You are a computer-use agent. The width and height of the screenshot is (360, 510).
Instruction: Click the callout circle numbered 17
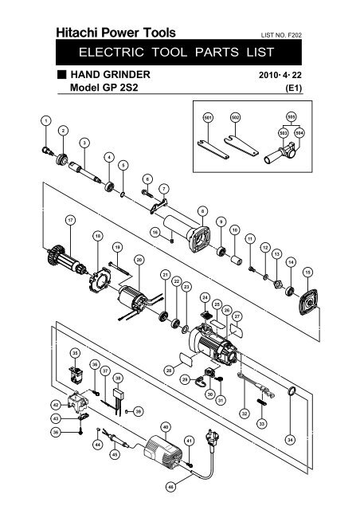[70, 220]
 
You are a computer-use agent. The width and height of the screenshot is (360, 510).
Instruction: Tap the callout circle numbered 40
[166, 427]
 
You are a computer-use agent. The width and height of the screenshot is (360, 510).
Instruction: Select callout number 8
[202, 211]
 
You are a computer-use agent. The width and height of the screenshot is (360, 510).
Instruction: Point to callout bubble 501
[208, 118]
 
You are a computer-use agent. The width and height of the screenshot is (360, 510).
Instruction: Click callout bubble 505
[292, 116]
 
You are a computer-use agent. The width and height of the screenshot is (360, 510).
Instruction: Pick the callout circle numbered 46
[170, 487]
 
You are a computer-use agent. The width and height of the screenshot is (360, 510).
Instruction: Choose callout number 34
[290, 440]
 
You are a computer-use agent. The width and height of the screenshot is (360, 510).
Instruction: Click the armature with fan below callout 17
[67, 258]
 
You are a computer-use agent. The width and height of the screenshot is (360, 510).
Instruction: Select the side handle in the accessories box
[279, 153]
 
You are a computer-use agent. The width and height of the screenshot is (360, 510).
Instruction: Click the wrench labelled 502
[241, 145]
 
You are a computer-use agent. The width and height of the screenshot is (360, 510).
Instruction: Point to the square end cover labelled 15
[308, 302]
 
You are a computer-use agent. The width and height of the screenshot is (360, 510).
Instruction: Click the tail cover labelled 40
[162, 451]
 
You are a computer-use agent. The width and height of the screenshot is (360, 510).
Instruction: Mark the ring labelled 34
[292, 390]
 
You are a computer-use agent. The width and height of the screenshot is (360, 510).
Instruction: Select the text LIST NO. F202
[281, 35]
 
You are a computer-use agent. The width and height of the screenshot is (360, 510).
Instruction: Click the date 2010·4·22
[280, 75]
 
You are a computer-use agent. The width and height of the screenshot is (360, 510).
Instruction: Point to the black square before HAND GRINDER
[62, 74]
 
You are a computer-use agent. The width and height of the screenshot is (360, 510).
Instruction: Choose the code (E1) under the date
[294, 88]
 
